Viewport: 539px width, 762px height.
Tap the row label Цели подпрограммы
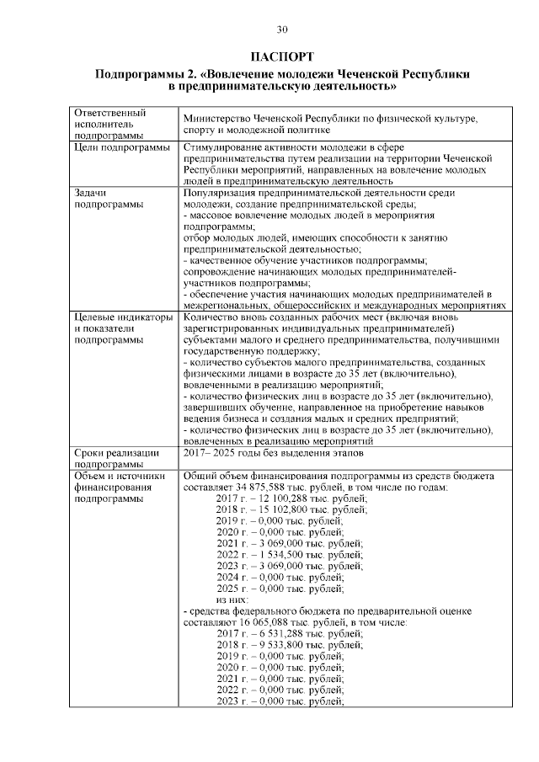(x=122, y=147)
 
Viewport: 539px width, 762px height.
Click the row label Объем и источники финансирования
(x=119, y=487)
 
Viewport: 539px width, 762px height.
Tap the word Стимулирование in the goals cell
(x=227, y=147)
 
